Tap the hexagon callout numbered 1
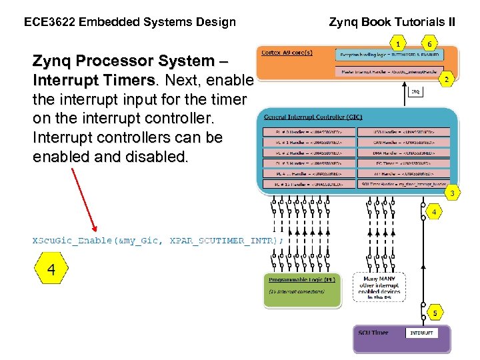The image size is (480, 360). click(x=398, y=44)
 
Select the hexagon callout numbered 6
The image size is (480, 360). click(x=430, y=44)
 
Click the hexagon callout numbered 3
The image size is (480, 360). click(x=453, y=193)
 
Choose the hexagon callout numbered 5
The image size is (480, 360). click(x=435, y=312)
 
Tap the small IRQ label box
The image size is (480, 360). click(x=415, y=91)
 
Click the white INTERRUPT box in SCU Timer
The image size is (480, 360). click(x=421, y=332)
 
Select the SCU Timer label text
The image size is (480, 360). click(x=373, y=332)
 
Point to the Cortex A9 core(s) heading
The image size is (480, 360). click(x=289, y=53)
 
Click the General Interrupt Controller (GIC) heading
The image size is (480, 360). click(x=308, y=117)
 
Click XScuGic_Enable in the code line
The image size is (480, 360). click(x=73, y=240)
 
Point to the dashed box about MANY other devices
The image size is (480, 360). click(x=379, y=288)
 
